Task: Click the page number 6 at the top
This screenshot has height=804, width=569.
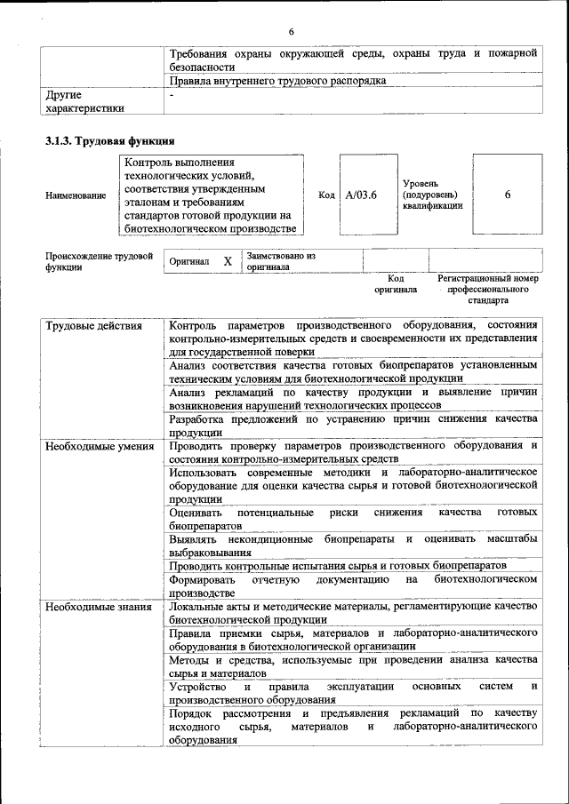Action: [291, 33]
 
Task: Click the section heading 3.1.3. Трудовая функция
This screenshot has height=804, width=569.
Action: [109, 140]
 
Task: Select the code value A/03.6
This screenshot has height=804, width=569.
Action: [361, 195]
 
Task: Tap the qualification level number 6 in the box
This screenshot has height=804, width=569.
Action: [507, 195]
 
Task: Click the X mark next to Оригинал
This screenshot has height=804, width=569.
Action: [228, 261]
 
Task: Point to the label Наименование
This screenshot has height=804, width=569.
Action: [76, 195]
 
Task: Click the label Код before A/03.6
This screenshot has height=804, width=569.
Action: [325, 195]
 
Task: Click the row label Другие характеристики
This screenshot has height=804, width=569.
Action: [84, 101]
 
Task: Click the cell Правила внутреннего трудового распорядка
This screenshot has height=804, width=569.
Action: [277, 81]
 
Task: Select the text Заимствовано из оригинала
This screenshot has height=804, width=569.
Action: [281, 261]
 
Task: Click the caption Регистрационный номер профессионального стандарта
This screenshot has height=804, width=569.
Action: [488, 290]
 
